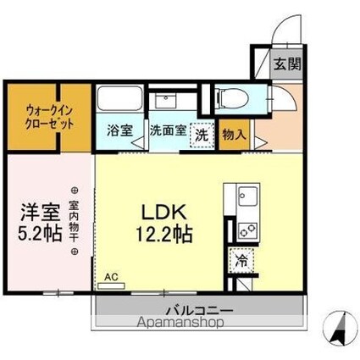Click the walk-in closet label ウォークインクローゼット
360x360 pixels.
(x=43, y=115)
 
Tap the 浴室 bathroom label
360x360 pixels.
(x=119, y=131)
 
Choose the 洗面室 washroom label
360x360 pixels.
(x=167, y=131)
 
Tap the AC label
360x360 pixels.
(x=111, y=276)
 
